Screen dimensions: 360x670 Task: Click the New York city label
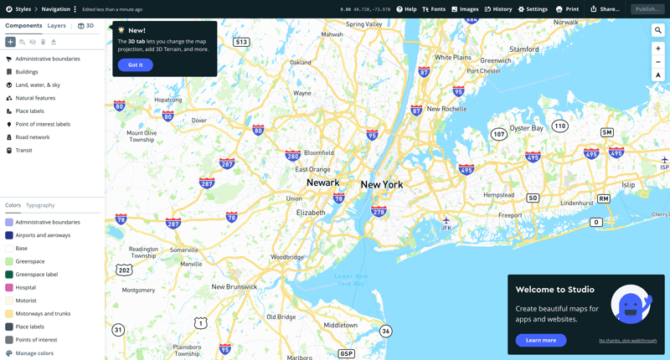[x=382, y=184]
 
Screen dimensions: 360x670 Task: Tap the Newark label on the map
[x=322, y=183]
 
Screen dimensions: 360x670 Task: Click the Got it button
[x=135, y=64]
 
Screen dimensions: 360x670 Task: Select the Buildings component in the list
[x=27, y=72]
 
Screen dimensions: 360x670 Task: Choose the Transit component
[x=23, y=151]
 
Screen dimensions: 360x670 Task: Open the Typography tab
[x=40, y=205]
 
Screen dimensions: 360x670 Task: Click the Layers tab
[x=56, y=26]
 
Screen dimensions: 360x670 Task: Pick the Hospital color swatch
[x=9, y=287]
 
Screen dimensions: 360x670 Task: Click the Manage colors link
[x=34, y=353]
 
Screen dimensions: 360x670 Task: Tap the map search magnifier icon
[x=658, y=30]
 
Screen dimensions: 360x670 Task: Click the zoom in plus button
[x=658, y=49]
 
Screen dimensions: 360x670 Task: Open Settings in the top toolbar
[x=533, y=9]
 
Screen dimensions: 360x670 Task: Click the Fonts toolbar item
[x=434, y=9]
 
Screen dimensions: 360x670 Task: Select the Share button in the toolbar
[x=605, y=9]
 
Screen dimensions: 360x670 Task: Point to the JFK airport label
[x=446, y=227]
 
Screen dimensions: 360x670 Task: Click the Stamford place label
[x=524, y=49]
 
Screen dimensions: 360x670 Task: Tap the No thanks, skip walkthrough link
[x=627, y=341]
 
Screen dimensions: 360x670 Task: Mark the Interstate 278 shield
[x=379, y=212]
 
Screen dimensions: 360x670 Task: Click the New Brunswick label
[x=234, y=286]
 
